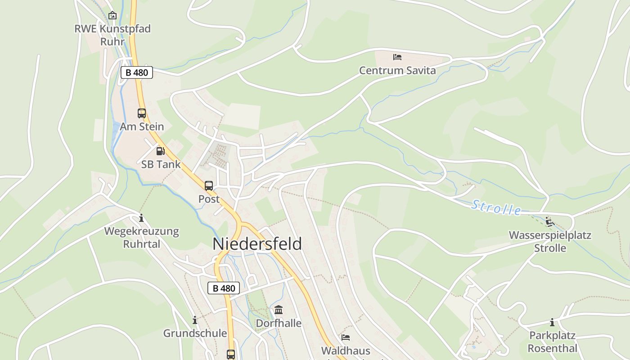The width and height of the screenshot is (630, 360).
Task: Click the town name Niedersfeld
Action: [257, 243]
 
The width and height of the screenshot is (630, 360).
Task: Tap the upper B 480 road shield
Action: [137, 72]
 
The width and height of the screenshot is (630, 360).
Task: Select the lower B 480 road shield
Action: [224, 288]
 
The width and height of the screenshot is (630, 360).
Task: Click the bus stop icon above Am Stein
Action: [142, 113]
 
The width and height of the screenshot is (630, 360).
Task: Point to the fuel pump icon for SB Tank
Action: [160, 151]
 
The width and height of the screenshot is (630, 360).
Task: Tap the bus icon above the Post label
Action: [209, 185]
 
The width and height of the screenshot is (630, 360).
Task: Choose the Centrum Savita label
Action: [397, 71]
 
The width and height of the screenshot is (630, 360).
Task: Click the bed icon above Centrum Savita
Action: [397, 57]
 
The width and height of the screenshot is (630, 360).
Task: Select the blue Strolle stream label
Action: [496, 207]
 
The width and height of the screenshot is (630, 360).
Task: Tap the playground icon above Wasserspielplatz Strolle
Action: [549, 221]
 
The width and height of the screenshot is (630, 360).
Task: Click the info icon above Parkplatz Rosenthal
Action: [552, 322]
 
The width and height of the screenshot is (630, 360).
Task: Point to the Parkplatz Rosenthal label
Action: [552, 342]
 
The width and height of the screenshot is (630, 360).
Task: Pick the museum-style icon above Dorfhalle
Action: [279, 310]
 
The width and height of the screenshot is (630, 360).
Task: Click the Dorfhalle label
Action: [279, 323]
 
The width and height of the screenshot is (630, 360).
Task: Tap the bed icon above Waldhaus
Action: [346, 337]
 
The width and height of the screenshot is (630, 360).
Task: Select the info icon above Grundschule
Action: [195, 320]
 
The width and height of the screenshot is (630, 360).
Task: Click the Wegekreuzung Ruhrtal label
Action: [141, 237]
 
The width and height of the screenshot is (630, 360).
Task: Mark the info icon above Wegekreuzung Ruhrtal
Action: [141, 218]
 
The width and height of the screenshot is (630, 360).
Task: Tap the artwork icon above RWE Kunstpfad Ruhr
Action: [112, 16]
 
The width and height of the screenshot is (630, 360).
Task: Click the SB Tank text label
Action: [161, 164]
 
